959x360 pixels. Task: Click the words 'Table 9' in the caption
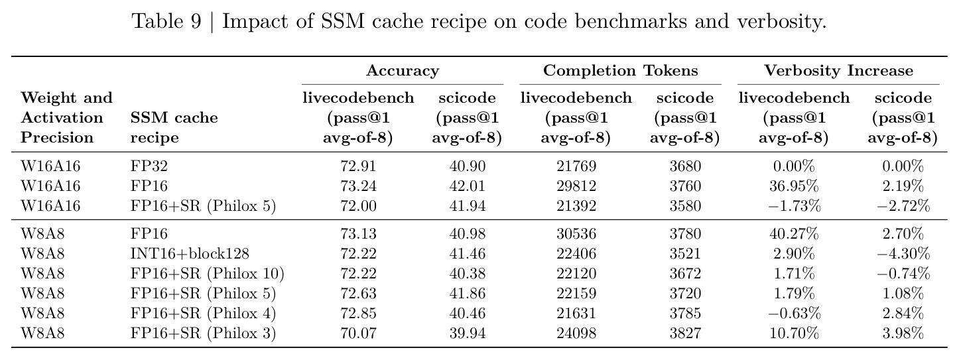(x=166, y=21)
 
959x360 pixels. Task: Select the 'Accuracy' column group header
(x=403, y=71)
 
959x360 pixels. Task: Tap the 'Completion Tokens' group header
(x=620, y=71)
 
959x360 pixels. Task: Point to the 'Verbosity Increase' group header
(x=838, y=71)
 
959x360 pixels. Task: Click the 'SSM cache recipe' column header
(x=174, y=127)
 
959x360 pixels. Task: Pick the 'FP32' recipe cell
(x=149, y=166)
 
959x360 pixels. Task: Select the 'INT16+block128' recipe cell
(x=190, y=253)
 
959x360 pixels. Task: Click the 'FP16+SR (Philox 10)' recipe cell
(x=207, y=274)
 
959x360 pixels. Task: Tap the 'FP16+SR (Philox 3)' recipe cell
(x=203, y=333)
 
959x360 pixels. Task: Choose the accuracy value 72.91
(x=358, y=166)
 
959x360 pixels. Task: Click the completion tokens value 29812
(x=576, y=186)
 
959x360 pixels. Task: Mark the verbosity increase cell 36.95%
(x=794, y=186)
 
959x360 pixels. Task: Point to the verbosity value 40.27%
(x=794, y=234)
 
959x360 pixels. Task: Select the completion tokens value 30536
(x=576, y=234)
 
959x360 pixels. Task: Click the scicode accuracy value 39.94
(x=467, y=333)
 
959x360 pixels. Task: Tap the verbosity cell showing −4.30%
(x=903, y=253)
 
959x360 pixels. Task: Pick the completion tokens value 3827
(x=685, y=333)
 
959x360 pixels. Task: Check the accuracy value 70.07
(x=358, y=333)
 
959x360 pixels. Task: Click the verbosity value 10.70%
(x=794, y=333)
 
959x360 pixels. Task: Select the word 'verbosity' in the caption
(x=781, y=21)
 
